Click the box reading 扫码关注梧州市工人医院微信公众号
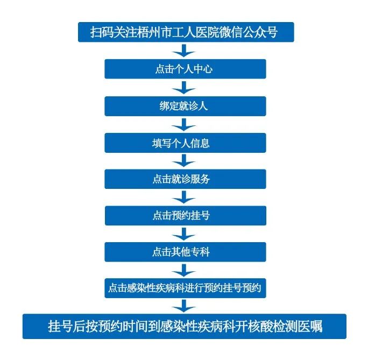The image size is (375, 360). [185, 32]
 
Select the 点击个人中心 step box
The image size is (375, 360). [185, 69]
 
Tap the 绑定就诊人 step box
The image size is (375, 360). [185, 106]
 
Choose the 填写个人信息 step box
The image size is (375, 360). [185, 143]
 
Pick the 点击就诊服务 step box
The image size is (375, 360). [185, 179]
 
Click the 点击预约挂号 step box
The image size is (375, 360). [185, 216]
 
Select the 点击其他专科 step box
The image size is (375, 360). [185, 252]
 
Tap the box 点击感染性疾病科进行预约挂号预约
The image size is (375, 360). [185, 288]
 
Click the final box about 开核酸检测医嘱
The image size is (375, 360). [185, 327]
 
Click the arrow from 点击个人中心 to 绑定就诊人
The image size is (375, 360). [185, 88]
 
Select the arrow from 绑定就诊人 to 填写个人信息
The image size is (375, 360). [185, 124]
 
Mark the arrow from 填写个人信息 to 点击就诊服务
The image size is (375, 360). [185, 161]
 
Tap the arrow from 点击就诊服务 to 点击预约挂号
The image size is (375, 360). [185, 197]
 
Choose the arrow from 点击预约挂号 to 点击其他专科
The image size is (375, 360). [185, 234]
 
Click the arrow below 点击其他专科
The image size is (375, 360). [185, 270]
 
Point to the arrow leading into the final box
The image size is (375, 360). [185, 306]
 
